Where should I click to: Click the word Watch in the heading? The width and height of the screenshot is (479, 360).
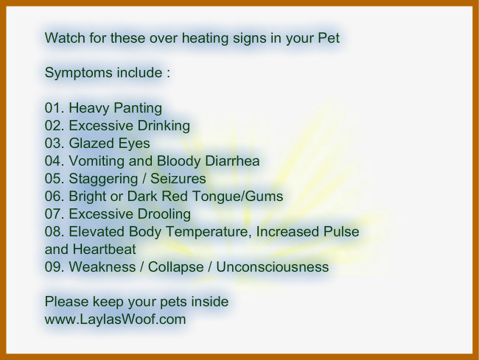65,38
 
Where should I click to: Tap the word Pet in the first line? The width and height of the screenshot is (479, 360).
329,38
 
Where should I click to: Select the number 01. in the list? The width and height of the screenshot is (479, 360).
55,108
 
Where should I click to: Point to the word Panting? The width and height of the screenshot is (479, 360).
138,109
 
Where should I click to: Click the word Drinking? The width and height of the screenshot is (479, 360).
164,126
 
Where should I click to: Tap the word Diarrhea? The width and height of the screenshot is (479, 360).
232,161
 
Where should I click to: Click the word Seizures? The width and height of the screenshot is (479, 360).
178,179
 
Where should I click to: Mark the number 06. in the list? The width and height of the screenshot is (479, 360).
55,197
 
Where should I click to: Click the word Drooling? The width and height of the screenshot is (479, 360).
164,214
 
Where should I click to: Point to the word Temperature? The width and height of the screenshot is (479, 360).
209,232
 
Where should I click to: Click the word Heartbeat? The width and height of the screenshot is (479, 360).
104,250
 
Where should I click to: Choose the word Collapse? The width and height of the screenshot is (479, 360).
175,267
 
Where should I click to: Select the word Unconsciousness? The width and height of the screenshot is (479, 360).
273,267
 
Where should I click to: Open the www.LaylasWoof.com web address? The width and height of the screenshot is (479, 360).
115,320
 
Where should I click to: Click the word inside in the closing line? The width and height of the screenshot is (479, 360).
210,302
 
